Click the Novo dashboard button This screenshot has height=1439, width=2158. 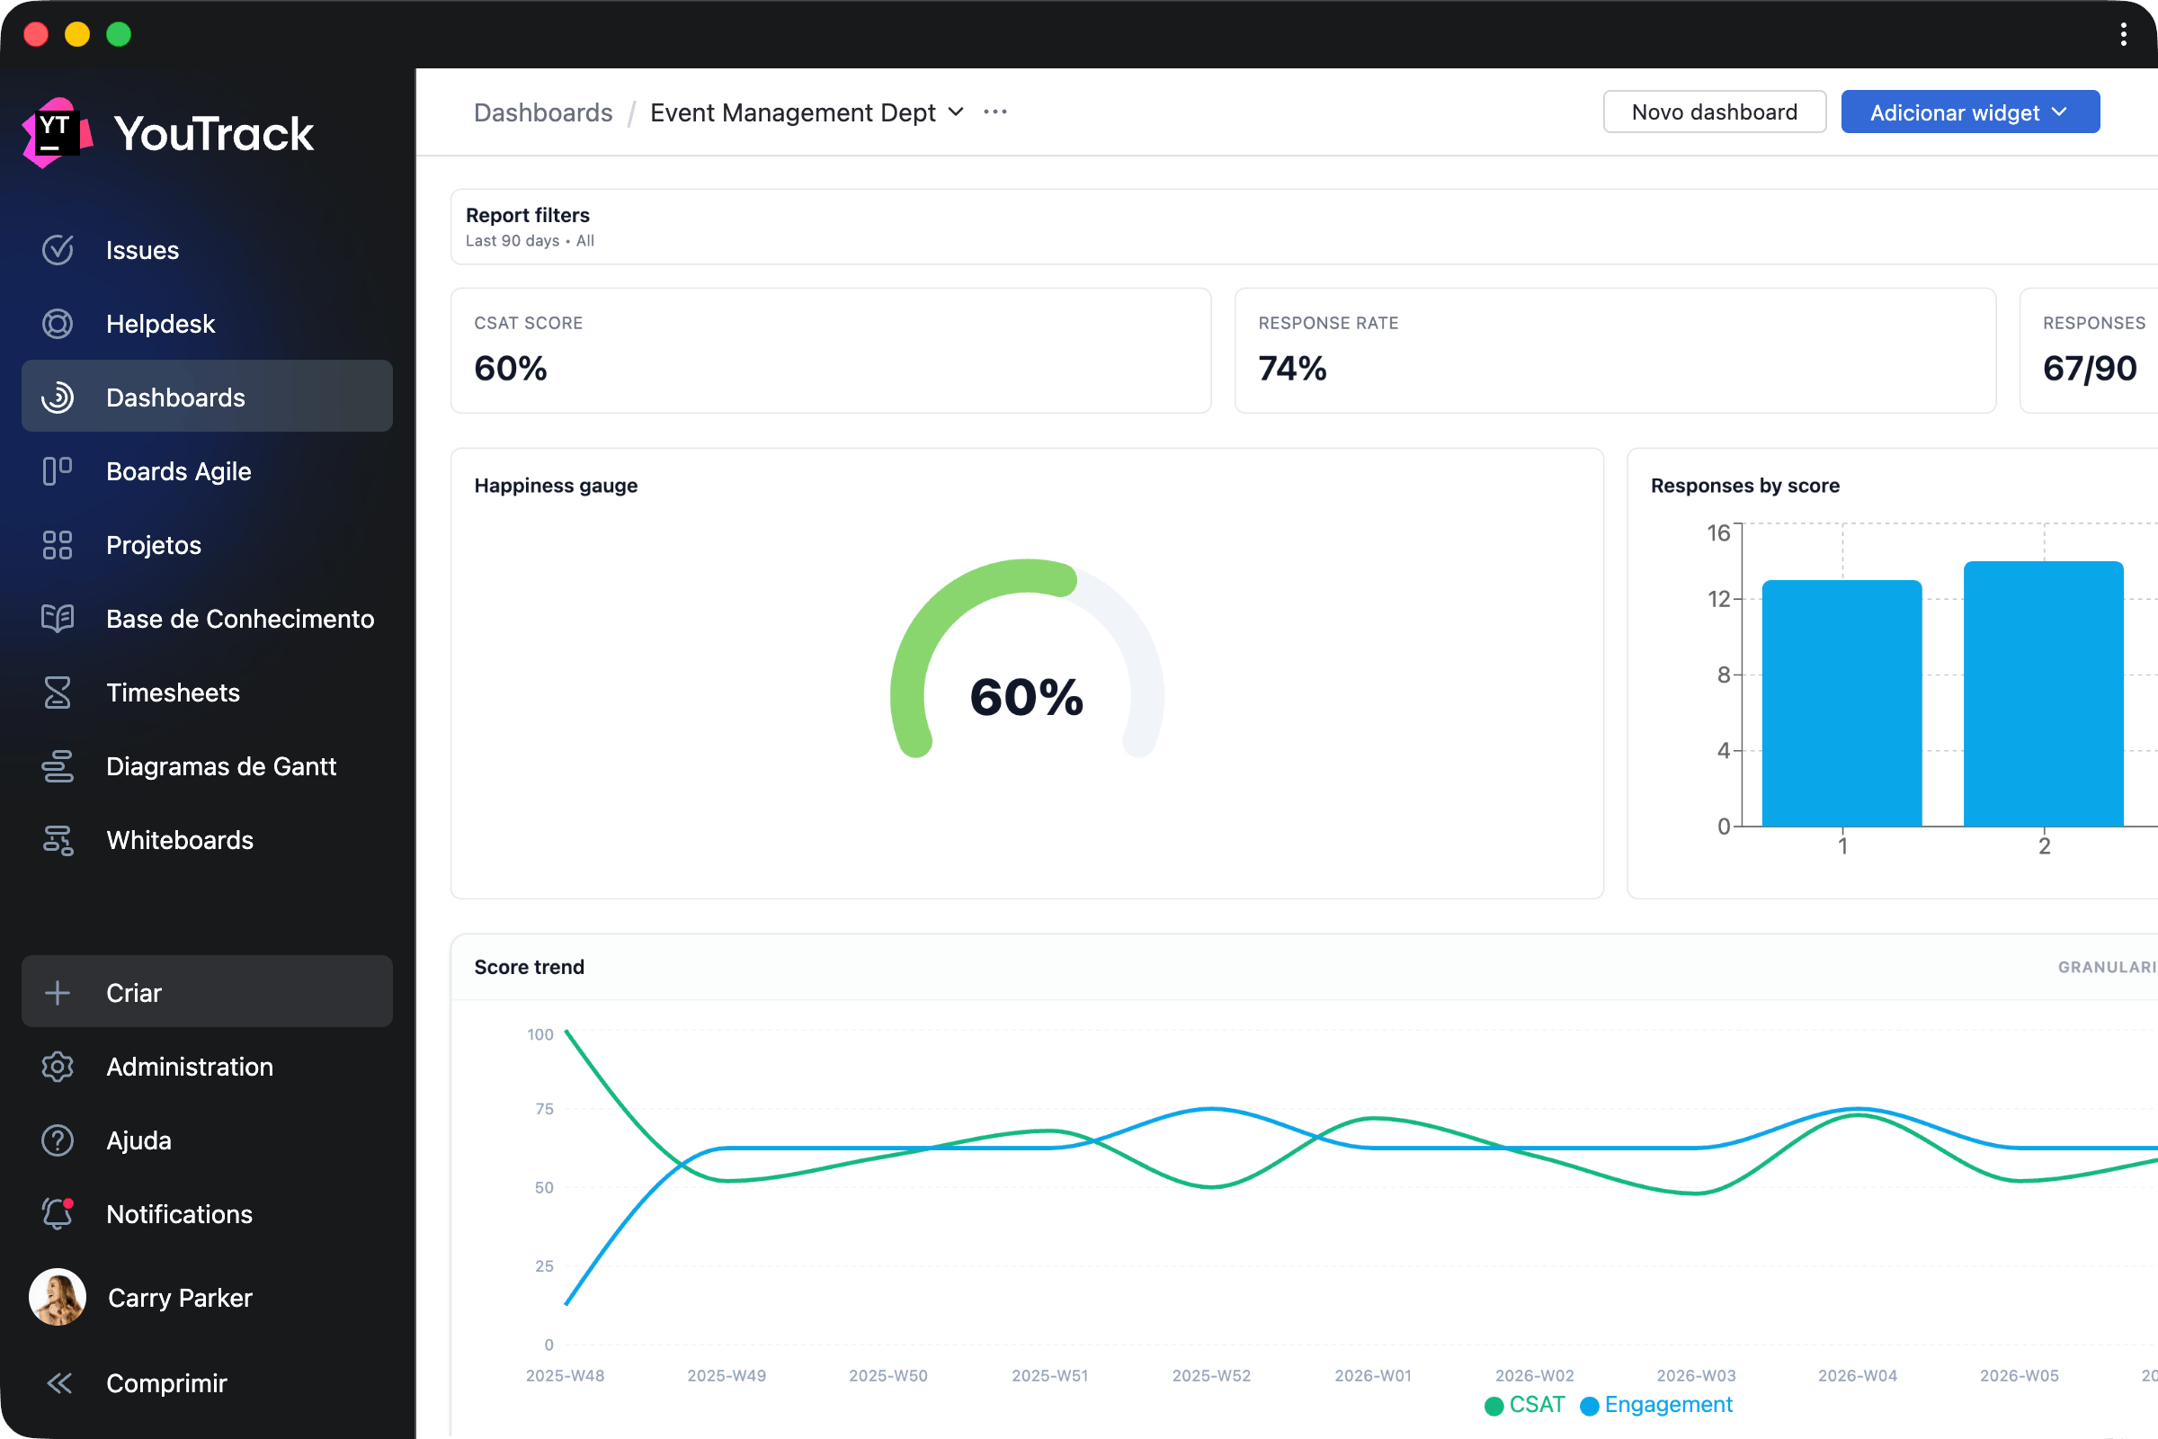(x=1714, y=112)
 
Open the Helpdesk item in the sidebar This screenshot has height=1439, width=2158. (x=160, y=324)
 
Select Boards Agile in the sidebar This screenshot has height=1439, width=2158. (x=178, y=471)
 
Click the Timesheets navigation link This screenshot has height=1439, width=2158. (x=173, y=693)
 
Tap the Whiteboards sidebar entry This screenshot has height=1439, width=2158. (x=179, y=841)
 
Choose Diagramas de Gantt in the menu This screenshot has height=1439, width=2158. (x=220, y=766)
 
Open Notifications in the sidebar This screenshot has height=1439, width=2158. (x=179, y=1214)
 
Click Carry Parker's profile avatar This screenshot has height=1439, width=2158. (x=58, y=1297)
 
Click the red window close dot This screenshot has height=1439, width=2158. (x=36, y=34)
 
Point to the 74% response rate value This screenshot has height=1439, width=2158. (x=1292, y=369)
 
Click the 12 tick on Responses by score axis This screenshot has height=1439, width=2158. (x=1718, y=599)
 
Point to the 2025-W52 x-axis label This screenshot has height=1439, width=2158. (x=1211, y=1376)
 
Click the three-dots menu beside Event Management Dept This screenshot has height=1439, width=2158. (x=995, y=112)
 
